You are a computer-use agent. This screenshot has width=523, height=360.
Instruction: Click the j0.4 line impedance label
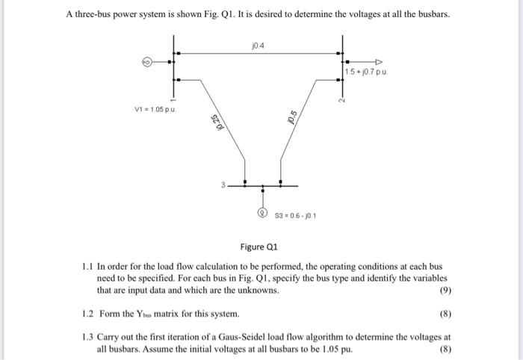[259, 47]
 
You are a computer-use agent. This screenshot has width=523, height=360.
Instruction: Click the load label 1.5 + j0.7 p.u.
[367, 72]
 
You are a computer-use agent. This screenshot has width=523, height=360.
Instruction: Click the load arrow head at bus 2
[380, 61]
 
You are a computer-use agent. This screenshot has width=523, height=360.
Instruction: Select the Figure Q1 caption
[261, 246]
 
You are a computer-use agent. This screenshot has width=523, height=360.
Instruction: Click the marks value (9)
[444, 291]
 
